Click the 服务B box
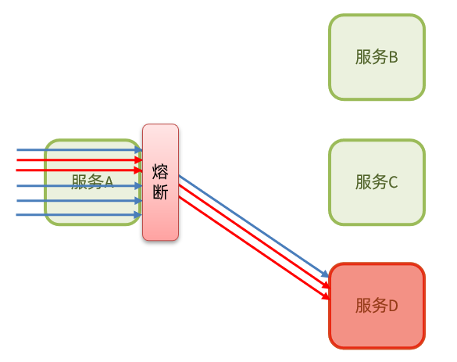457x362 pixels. pyautogui.click(x=377, y=57)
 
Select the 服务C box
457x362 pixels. pyautogui.click(x=377, y=182)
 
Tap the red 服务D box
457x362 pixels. pyautogui.click(x=377, y=306)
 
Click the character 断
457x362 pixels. pyautogui.click(x=160, y=192)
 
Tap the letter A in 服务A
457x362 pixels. pyautogui.click(x=109, y=182)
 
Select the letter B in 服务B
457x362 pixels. pyautogui.click(x=393, y=57)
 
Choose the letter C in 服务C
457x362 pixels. pyautogui.click(x=393, y=182)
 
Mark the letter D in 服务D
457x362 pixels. pyautogui.click(x=393, y=306)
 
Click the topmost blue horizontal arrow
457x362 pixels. pyautogui.click(x=78, y=149)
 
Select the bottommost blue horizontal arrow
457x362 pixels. pyautogui.click(x=78, y=214)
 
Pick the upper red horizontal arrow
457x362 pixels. pyautogui.click(x=78, y=160)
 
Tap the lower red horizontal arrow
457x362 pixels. pyautogui.click(x=78, y=170)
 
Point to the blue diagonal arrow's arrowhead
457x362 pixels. pyautogui.click(x=327, y=277)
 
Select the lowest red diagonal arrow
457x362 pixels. pyautogui.click(x=250, y=246)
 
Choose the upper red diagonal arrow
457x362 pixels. pyautogui.click(x=250, y=235)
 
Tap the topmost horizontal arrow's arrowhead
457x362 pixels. pyautogui.click(x=138, y=149)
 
